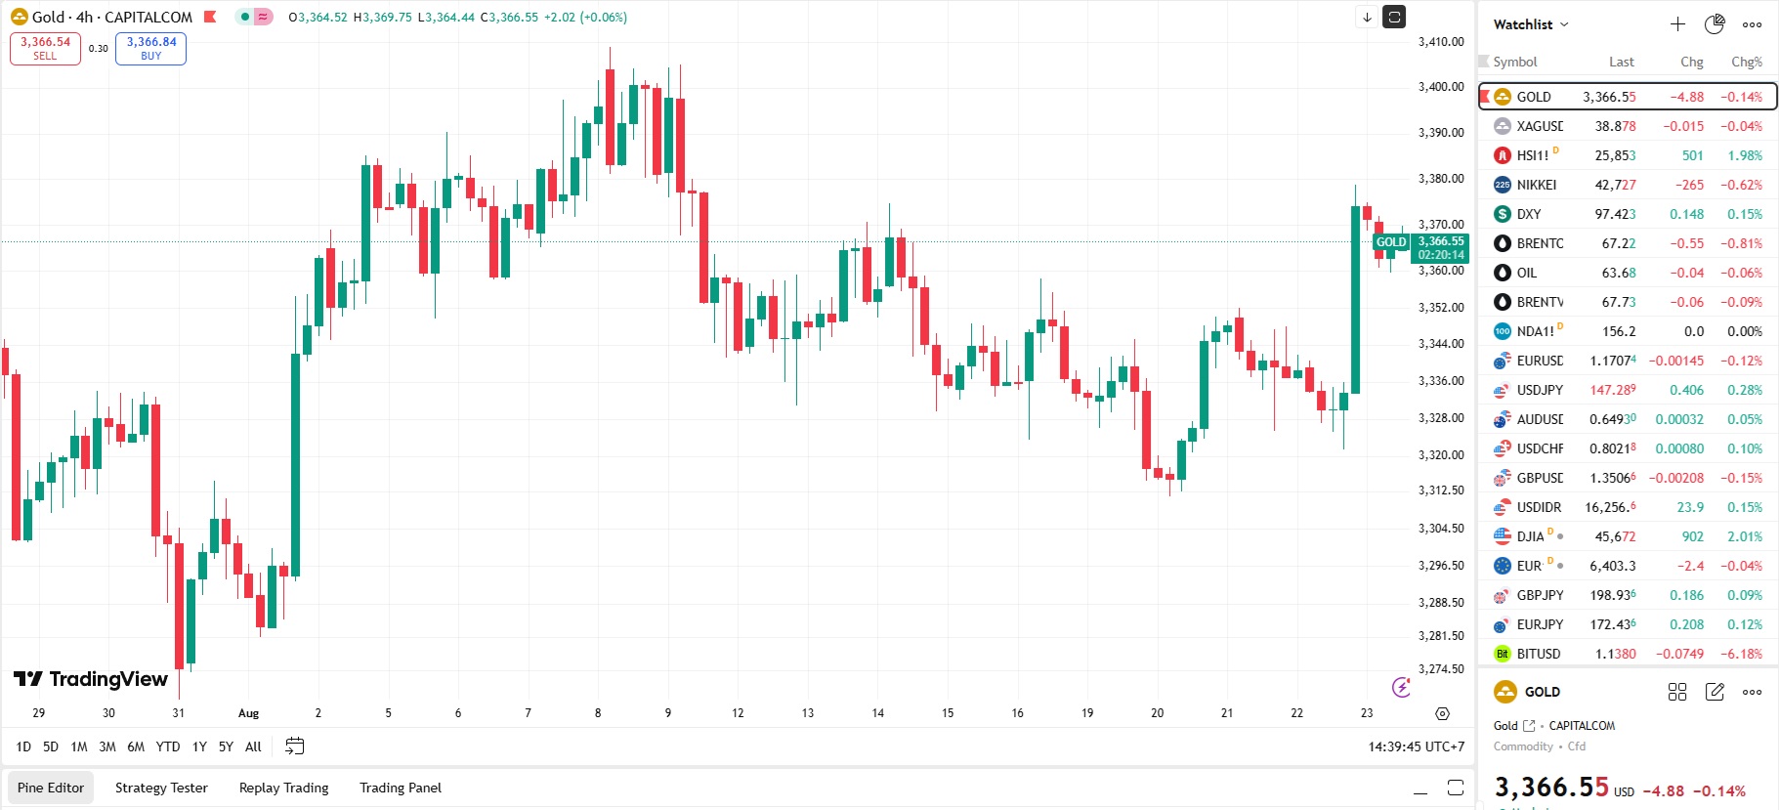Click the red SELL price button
[x=45, y=48]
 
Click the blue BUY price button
[x=150, y=48]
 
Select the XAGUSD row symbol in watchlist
[x=1539, y=126]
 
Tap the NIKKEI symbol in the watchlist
[x=1536, y=185]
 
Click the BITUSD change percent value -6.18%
[x=1741, y=654]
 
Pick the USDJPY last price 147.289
[x=1612, y=390]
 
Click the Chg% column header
[x=1746, y=62]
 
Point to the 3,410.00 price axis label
[x=1440, y=42]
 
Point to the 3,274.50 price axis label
[x=1440, y=669]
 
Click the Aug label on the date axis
[x=248, y=713]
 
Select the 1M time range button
[x=79, y=746]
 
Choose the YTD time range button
[x=168, y=746]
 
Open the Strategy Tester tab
[x=161, y=788]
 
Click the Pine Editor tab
[x=51, y=788]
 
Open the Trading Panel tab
[x=401, y=788]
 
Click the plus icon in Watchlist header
[x=1677, y=24]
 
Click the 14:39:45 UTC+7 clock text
[x=1416, y=746]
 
